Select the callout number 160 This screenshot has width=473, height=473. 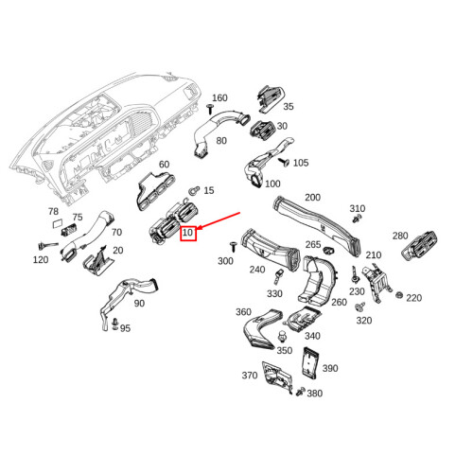pyautogui.click(x=219, y=98)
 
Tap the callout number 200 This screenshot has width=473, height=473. pyautogui.click(x=312, y=198)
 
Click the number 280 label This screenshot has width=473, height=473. pyautogui.click(x=400, y=236)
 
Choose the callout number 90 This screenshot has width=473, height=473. pyautogui.click(x=139, y=303)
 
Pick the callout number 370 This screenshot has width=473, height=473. pyautogui.click(x=250, y=376)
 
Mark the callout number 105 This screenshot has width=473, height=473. pyautogui.click(x=301, y=163)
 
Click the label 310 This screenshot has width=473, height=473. pyautogui.click(x=358, y=208)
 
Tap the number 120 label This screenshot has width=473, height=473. pyautogui.click(x=41, y=259)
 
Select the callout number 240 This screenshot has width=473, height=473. pyautogui.click(x=257, y=270)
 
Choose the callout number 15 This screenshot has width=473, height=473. pyautogui.click(x=209, y=190)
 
